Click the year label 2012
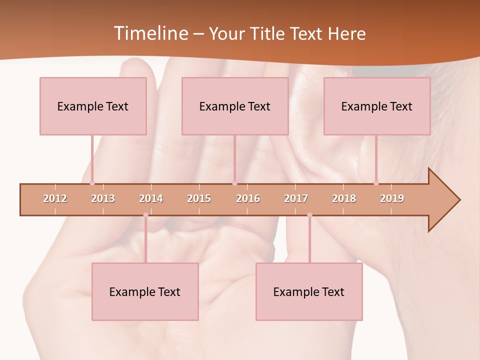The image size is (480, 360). (55, 198)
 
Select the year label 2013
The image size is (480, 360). (103, 198)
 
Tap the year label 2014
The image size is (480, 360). (151, 198)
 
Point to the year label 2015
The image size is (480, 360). (199, 198)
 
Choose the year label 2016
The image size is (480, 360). (248, 198)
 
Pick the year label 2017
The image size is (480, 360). (296, 198)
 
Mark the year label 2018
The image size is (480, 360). (344, 198)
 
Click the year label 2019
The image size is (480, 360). (392, 198)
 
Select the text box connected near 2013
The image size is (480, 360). (93, 106)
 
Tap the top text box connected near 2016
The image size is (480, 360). (235, 106)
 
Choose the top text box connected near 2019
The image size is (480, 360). (377, 106)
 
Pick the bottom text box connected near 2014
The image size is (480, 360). (145, 291)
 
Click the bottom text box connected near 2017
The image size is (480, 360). (309, 291)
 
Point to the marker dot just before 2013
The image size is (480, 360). (92, 183)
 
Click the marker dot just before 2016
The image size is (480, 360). (235, 183)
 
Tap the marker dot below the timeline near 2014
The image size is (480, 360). (145, 215)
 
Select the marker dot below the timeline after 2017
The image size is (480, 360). (309, 215)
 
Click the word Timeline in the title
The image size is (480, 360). (150, 33)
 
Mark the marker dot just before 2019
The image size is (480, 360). (376, 183)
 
